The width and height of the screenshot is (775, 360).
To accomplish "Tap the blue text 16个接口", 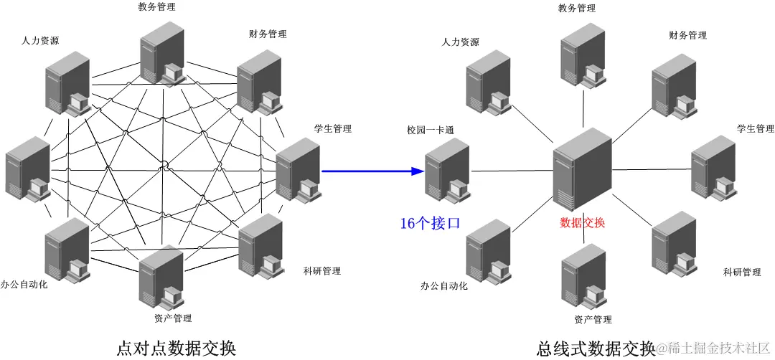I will [430, 224].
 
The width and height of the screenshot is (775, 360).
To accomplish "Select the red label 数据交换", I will [582, 222].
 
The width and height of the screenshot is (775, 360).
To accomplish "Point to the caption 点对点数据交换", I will [176, 347].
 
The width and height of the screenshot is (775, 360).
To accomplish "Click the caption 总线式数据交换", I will [596, 348].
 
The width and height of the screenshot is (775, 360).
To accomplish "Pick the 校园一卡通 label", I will [431, 131].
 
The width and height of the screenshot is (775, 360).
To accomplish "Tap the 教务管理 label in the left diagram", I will [156, 7].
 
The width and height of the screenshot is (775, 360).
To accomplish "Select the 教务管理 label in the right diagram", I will [577, 9].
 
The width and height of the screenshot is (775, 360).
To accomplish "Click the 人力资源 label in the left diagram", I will [40, 41].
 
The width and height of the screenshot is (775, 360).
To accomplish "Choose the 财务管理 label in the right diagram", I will [687, 35].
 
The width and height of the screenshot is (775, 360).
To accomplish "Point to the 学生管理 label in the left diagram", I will [333, 129].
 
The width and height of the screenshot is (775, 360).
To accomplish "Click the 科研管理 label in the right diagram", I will [742, 273].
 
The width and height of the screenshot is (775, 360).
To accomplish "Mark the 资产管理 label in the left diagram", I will [173, 318].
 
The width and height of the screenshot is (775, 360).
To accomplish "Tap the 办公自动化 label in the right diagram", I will [444, 286].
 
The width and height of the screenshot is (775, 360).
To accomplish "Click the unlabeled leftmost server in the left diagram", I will [27, 170].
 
